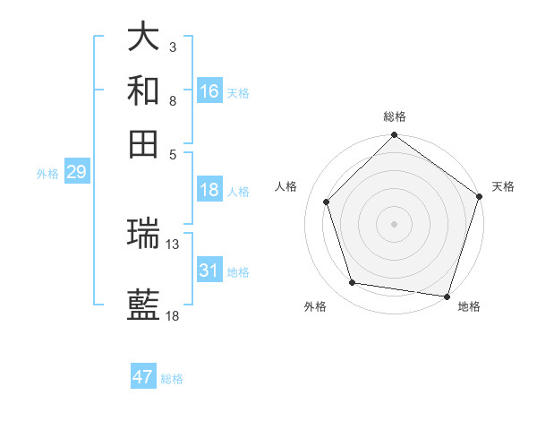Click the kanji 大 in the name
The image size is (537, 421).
pos(143,37)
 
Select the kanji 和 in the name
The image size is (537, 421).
pos(143,90)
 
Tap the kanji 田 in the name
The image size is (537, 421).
pos(143,143)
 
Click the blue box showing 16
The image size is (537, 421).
pos(209,90)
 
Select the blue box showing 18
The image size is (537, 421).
pos(209,190)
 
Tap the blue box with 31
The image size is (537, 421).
pos(209,271)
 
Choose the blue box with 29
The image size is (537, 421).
pos(76,172)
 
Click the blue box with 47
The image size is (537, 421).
pos(143,377)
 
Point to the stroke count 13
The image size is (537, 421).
pos(173,244)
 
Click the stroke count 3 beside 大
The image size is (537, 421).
pos(173,47)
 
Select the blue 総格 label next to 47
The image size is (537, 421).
pos(172,379)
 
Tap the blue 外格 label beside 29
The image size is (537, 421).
pos(47,174)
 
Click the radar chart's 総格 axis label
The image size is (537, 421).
pos(394,116)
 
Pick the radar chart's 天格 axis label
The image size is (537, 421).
pos(503,186)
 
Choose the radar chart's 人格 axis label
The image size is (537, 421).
pos(286,186)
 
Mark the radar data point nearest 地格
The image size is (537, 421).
pos(447,296)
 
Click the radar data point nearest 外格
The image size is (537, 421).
pos(353,283)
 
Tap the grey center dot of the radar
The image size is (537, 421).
pos(394,223)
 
